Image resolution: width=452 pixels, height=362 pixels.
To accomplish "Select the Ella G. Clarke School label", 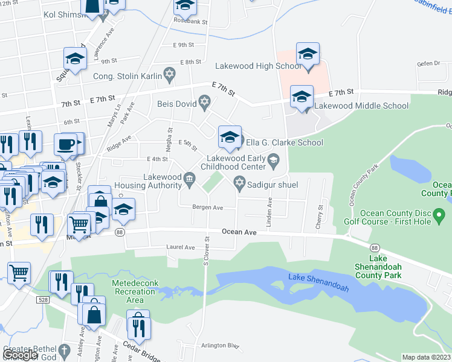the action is [284, 143].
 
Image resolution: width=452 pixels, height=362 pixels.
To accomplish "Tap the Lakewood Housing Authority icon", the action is [189, 177].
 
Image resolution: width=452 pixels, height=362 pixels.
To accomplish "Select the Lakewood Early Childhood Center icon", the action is [274, 160].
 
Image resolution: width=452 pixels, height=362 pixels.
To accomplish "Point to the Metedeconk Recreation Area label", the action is [128, 291].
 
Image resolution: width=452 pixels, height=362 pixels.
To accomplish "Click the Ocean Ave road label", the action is [239, 231].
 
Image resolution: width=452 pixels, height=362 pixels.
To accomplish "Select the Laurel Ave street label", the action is [181, 247].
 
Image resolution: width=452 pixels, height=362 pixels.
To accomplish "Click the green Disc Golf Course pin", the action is [440, 214].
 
